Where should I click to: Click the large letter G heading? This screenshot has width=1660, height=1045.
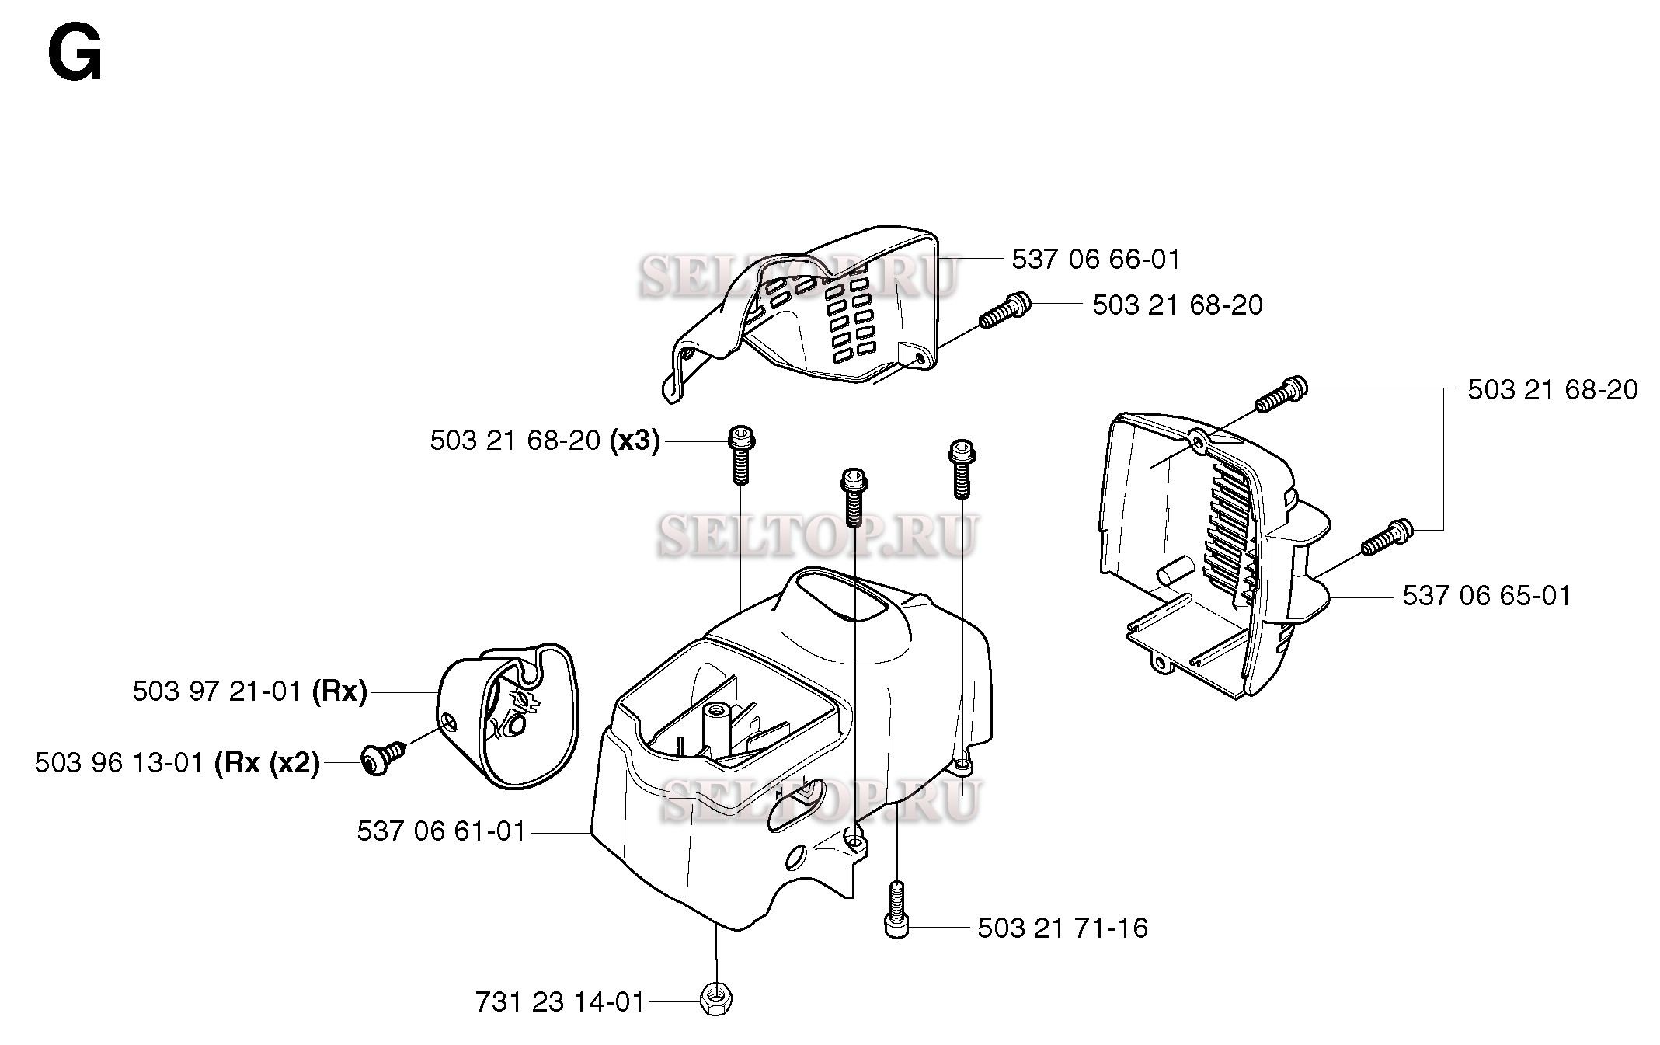(x=75, y=54)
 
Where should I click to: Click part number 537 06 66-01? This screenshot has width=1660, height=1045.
(x=1095, y=260)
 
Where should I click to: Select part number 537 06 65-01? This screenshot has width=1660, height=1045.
(x=1487, y=596)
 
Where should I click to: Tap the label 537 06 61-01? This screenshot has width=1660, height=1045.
(x=441, y=831)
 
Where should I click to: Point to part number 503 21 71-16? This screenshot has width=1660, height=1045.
(x=1062, y=928)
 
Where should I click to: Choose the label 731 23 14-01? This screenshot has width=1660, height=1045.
(x=560, y=1002)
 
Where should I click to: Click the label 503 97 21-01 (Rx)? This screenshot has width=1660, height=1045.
(x=249, y=691)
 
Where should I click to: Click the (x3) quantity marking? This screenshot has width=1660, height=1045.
(x=635, y=441)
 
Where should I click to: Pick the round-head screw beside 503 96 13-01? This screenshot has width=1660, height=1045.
(x=384, y=755)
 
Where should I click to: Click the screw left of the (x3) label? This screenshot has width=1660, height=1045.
(x=741, y=455)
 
